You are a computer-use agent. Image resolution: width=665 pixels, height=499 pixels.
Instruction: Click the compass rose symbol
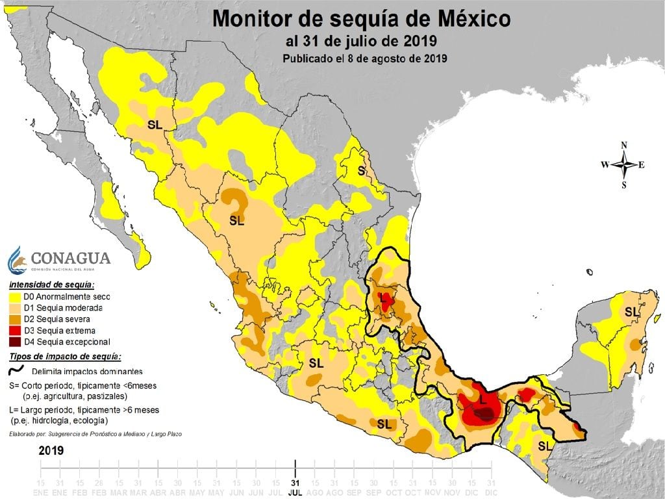point(624,164)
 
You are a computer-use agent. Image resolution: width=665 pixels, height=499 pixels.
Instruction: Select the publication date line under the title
point(365,58)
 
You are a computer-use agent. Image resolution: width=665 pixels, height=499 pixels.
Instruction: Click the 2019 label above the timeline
point(51,450)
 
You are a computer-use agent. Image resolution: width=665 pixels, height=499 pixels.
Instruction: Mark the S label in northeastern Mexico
point(362,171)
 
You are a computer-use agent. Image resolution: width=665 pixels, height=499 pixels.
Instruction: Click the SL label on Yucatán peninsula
point(631,312)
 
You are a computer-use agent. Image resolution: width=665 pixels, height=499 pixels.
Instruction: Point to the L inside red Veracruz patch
point(384,300)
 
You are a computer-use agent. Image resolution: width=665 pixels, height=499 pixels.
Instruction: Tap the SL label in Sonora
point(155,125)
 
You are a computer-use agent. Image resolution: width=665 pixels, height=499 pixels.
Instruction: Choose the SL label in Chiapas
point(546,446)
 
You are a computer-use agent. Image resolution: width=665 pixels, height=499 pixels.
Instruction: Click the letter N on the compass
point(624,145)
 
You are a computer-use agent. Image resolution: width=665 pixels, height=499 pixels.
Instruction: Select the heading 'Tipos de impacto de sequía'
point(65,357)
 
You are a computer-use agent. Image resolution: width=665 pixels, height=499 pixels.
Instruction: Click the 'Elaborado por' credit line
point(95,433)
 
